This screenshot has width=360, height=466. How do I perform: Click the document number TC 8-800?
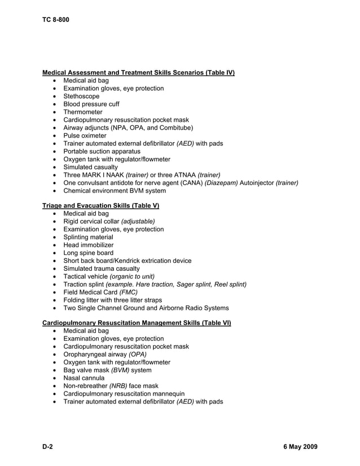(55, 20)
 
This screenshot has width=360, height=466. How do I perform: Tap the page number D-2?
(47, 447)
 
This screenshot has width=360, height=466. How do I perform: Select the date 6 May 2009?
(300, 447)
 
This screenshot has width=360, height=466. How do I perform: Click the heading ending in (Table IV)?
(138, 73)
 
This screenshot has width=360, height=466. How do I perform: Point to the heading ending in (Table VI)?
(137, 323)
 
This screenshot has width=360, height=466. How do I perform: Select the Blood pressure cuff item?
(91, 104)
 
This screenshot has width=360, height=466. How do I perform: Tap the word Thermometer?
(83, 112)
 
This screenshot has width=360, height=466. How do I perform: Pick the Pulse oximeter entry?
(85, 136)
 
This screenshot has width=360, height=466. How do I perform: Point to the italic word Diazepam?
(221, 183)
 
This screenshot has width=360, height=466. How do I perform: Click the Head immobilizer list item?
(88, 245)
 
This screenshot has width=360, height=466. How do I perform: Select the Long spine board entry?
(88, 253)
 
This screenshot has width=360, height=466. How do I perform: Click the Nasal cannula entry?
(84, 378)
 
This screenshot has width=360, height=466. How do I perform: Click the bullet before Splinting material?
(54, 238)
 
